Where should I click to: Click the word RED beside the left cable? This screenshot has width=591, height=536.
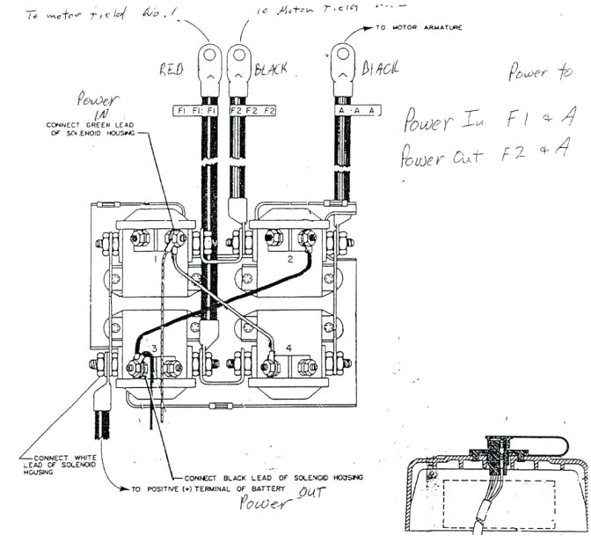pyautogui.click(x=171, y=70)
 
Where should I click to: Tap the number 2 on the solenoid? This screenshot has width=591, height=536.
pyautogui.click(x=289, y=261)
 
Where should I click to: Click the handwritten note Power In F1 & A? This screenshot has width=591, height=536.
pyautogui.click(x=484, y=121)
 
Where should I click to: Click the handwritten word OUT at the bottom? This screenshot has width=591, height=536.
pyautogui.click(x=310, y=496)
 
